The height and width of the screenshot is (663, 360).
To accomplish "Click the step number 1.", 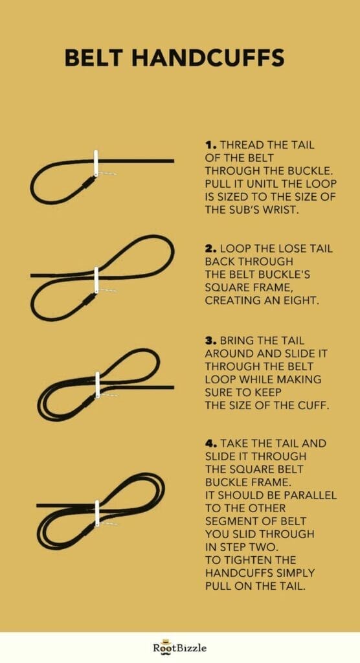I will (210, 146).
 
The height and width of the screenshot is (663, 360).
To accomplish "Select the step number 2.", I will (210, 249).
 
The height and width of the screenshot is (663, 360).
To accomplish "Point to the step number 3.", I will (210, 341).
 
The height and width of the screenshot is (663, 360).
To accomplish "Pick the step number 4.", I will (210, 444).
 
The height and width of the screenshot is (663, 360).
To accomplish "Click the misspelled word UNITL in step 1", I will (253, 184).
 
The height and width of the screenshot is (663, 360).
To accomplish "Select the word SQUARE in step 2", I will (229, 288).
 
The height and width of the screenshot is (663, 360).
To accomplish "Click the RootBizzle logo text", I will (180, 647).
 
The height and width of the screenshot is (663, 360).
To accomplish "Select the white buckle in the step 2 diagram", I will (96, 280).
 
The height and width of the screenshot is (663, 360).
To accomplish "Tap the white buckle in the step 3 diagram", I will (98, 385).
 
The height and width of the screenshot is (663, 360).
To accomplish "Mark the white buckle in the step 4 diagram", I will (96, 512).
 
